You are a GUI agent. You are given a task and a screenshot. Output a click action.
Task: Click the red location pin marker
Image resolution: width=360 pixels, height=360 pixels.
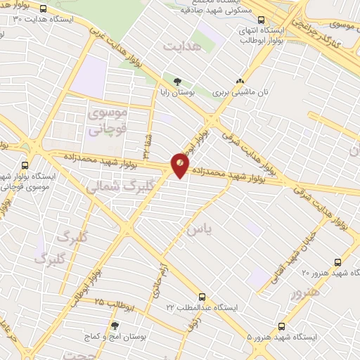click(180, 165)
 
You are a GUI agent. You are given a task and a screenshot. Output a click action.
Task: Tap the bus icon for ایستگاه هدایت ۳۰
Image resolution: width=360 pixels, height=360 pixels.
click(44, 10)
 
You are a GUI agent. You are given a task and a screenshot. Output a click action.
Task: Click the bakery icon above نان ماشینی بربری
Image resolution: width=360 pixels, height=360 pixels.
click(240, 81)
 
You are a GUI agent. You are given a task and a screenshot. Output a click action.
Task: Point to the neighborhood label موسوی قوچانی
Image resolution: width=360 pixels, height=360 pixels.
click(105, 120)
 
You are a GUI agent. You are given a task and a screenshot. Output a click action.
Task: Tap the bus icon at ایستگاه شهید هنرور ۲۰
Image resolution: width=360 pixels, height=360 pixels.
click(338, 260)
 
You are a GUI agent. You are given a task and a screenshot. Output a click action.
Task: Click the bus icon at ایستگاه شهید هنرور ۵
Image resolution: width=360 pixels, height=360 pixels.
click(282, 326)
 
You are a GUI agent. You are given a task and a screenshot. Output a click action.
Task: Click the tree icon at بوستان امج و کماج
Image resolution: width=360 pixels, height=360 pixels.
click(115, 325)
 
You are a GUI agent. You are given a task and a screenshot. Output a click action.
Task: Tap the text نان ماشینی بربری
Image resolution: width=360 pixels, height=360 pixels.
click(239, 92)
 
